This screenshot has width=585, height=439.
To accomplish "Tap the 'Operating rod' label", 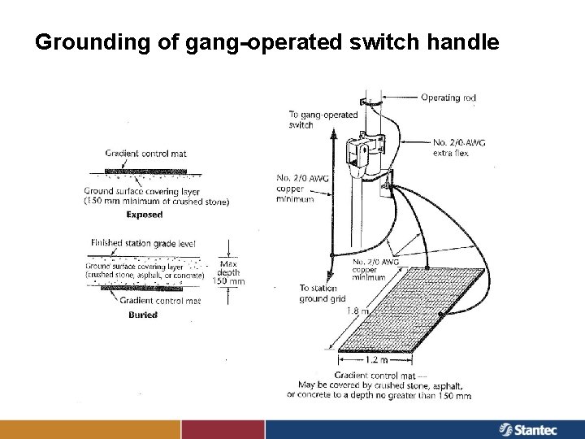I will tap(448, 98).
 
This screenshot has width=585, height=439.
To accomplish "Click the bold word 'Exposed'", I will tap(145, 215).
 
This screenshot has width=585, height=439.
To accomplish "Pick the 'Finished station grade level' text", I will tap(139, 242).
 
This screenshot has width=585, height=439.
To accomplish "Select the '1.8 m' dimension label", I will tap(357, 310).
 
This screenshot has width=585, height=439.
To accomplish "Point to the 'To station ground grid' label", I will tap(323, 293).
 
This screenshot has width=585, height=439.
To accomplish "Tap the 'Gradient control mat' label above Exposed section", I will tap(145, 153).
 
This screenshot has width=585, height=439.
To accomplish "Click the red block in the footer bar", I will tap(224, 428).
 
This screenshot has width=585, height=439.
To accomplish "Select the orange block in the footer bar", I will tap(89, 428).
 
